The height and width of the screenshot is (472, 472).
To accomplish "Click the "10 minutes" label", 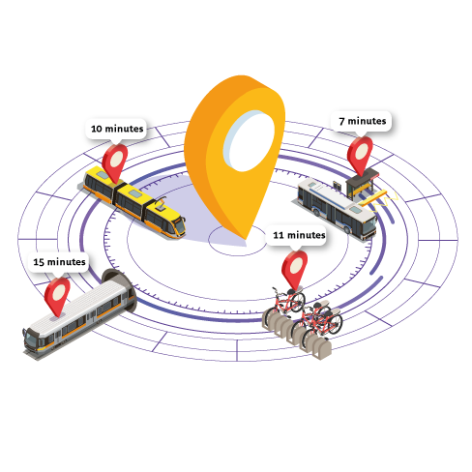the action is pos(117,129).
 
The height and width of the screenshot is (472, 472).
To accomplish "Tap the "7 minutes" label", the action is pos(363,121).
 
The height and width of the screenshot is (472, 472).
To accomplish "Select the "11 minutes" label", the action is pos(299,235).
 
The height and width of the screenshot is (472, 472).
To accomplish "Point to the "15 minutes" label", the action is pos(59,262).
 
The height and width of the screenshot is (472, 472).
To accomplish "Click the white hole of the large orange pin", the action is pos(249,140).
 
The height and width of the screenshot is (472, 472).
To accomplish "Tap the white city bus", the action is pos(337,208).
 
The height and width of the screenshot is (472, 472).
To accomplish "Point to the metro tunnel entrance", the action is pos(121,287).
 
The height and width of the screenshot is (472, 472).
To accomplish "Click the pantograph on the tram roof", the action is pos(160,204).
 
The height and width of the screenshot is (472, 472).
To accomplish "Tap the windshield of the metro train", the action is pos(31,339).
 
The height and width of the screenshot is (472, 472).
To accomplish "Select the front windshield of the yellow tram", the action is pos(180,226).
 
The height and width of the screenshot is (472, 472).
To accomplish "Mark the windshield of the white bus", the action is pos(369,224).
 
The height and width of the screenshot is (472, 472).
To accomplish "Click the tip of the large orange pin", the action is pos(246,240).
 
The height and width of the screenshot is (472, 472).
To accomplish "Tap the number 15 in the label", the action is pos(39,262).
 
